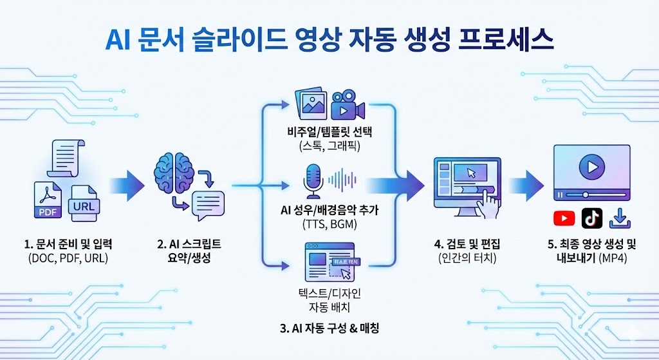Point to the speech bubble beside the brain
tap(207, 205)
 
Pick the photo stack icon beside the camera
tap(308, 105)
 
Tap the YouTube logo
tap(564, 218)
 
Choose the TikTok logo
tap(591, 218)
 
